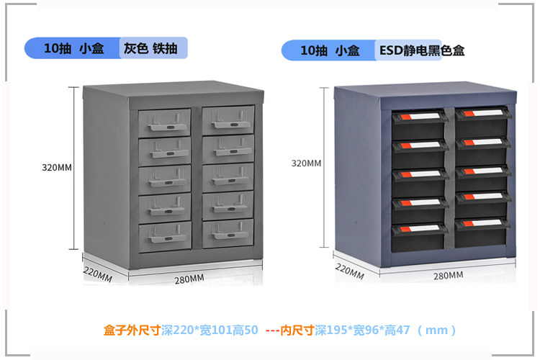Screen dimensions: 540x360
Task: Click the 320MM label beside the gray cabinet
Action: (x=57, y=167)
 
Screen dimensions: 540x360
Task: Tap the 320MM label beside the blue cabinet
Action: (x=306, y=163)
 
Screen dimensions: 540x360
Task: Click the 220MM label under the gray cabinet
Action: (x=96, y=274)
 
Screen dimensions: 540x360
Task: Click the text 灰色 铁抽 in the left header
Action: (x=145, y=49)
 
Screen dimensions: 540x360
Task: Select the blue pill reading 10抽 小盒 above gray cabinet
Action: (x=73, y=49)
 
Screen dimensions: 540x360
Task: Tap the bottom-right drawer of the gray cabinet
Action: (x=228, y=233)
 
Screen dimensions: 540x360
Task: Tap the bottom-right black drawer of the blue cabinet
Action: (x=481, y=233)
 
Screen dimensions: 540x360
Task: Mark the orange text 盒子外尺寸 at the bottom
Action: (x=129, y=330)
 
